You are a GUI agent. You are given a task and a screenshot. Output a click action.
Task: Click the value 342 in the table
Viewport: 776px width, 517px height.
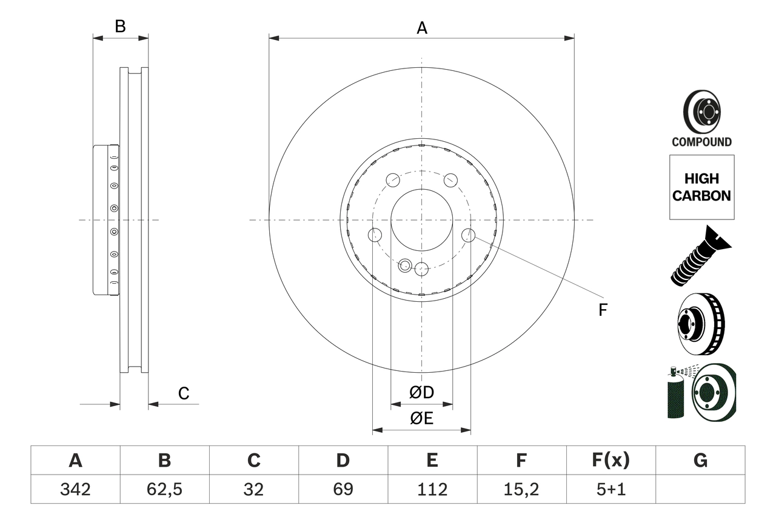pos(75,489)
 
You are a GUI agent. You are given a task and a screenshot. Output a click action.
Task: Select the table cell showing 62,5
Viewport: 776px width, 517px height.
pos(164,489)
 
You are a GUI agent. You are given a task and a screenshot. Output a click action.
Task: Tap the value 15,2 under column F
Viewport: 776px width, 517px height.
pos(521,489)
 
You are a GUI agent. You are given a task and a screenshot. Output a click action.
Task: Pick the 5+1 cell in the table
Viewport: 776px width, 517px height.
pos(610,489)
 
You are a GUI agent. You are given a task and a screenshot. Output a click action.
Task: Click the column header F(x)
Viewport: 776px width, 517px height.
pos(610,461)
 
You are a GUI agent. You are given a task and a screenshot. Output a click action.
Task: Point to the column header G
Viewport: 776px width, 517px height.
pos(700,461)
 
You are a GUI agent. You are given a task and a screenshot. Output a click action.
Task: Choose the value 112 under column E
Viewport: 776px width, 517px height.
pos(432,489)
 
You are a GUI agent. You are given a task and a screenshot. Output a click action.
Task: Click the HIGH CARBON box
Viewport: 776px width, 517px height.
pos(701,187)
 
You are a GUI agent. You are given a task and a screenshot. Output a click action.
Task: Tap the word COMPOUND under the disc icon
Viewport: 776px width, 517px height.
pos(701,142)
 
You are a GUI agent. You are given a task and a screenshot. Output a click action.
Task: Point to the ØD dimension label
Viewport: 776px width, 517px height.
pos(421,393)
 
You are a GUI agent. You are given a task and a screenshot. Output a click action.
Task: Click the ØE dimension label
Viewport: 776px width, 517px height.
pos(421,418)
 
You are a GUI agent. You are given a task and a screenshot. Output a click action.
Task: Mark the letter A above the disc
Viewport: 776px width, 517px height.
pos(421,28)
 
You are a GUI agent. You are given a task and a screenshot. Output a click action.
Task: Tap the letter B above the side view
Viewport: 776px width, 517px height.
pos(120,27)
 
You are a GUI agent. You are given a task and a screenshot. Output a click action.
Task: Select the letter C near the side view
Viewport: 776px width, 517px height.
pos(184,393)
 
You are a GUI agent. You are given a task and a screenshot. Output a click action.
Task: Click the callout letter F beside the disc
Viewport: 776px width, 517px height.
pos(602,310)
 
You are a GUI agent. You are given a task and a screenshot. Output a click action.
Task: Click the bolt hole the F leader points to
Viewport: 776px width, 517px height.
pos(468,235)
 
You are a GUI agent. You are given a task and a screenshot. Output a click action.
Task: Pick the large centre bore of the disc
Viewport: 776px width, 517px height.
pos(421,219)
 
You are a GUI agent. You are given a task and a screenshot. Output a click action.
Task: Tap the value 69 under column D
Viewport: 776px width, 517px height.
pos(343,489)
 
